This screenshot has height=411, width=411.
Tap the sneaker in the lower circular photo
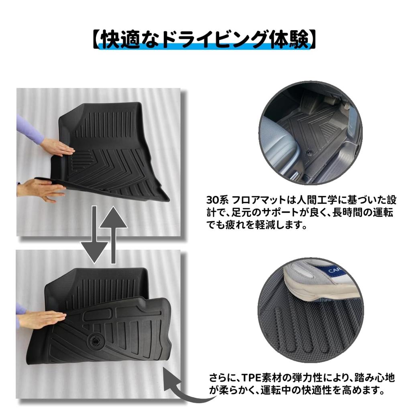point(317,281)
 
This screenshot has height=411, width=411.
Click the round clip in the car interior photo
point(310,153)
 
